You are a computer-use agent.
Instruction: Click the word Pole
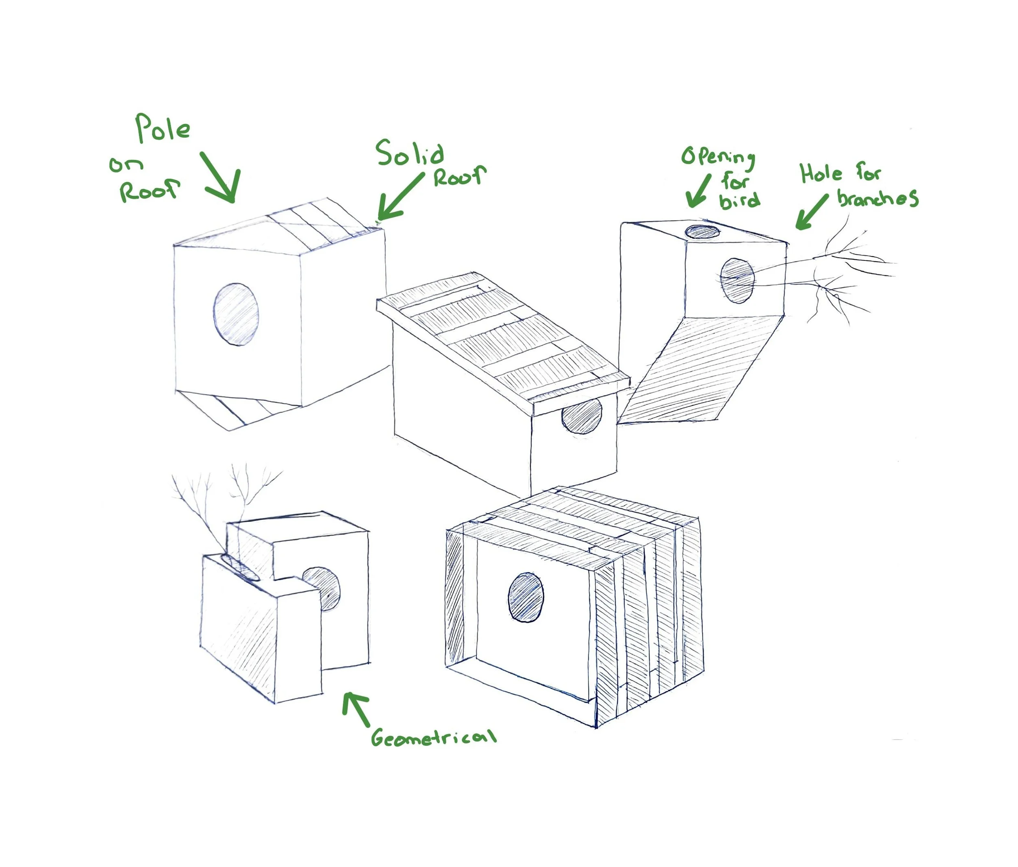[162, 129]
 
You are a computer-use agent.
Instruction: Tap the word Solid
[410, 153]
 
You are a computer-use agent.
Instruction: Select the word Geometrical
[434, 737]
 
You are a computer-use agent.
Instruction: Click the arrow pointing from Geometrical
[356, 707]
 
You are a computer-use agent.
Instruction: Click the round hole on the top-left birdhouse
[236, 314]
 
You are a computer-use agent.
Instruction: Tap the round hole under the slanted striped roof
[582, 416]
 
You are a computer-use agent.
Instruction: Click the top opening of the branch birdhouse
[702, 231]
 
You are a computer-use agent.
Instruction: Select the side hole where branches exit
[737, 280]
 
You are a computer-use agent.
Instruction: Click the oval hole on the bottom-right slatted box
[526, 597]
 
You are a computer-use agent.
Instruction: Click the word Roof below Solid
[459, 176]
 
